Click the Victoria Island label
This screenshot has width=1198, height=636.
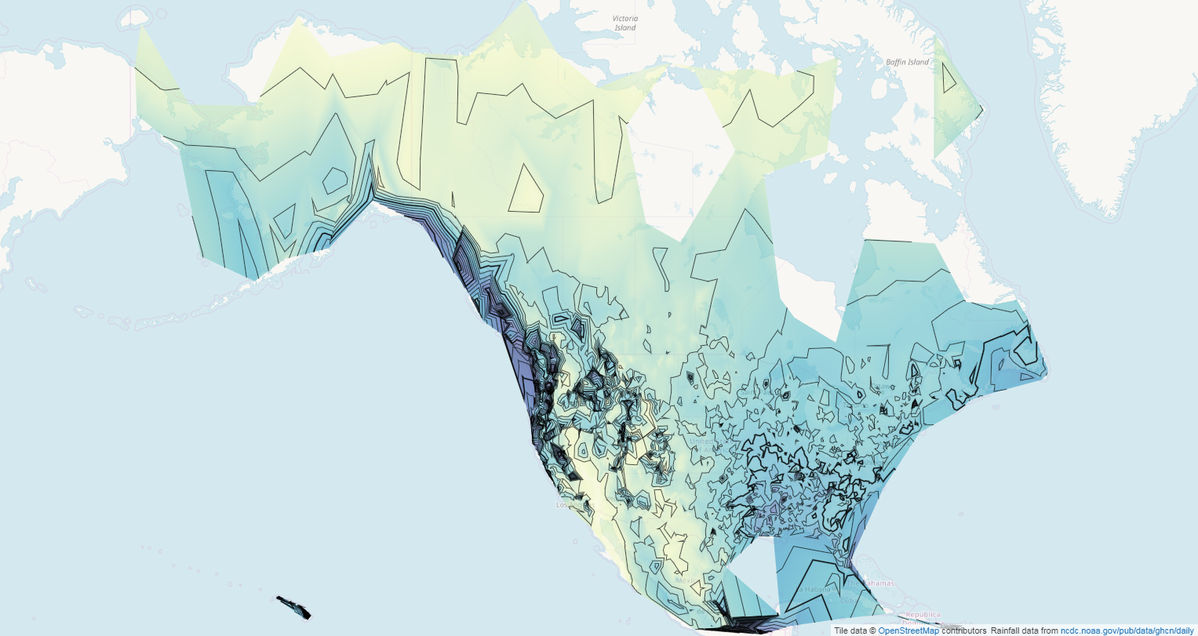(625, 23)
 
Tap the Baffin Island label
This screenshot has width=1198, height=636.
(907, 62)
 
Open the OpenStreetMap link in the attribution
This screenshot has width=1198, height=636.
(908, 631)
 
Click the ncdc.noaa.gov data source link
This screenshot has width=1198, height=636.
(1127, 631)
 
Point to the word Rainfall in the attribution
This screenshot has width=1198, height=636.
(1007, 631)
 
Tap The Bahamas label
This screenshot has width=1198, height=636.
(878, 583)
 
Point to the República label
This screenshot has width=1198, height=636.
(922, 615)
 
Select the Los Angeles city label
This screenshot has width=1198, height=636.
(563, 505)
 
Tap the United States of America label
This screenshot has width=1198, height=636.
(701, 442)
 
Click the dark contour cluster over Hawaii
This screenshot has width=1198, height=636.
(294, 606)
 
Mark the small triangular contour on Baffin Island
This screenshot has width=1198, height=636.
(948, 77)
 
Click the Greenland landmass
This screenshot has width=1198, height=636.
(1098, 118)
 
